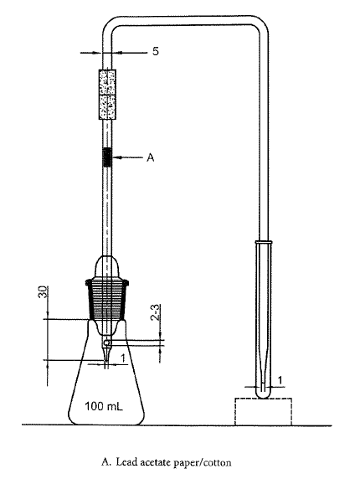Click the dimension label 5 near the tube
(156, 51)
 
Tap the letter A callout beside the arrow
(150, 157)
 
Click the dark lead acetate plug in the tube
(107, 157)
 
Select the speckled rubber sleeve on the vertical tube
(107, 95)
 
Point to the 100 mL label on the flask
(104, 406)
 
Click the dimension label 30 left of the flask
(44, 291)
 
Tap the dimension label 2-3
(156, 312)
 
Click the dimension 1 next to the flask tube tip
(123, 358)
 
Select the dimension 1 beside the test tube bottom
(280, 380)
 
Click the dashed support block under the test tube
(263, 412)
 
